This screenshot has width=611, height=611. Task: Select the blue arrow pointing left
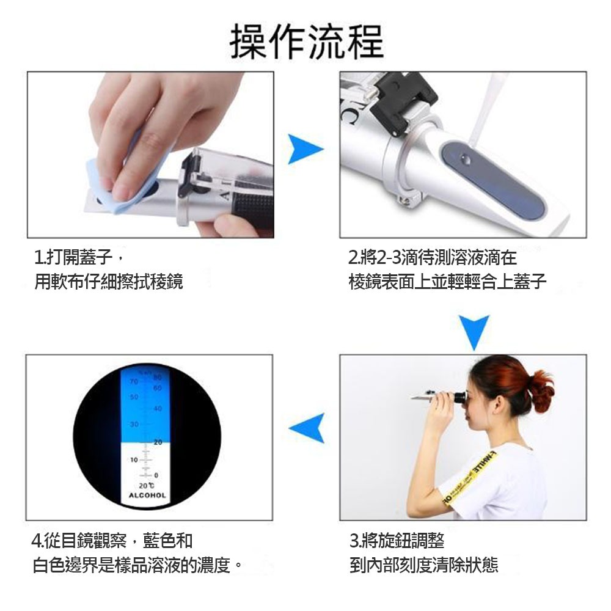(x=307, y=427)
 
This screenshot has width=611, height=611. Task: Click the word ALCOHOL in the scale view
(x=147, y=495)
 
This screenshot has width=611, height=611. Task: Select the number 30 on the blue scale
(x=133, y=423)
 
